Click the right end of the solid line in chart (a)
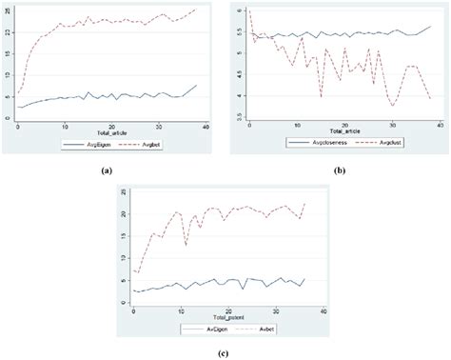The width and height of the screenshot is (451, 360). pos(197,85)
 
